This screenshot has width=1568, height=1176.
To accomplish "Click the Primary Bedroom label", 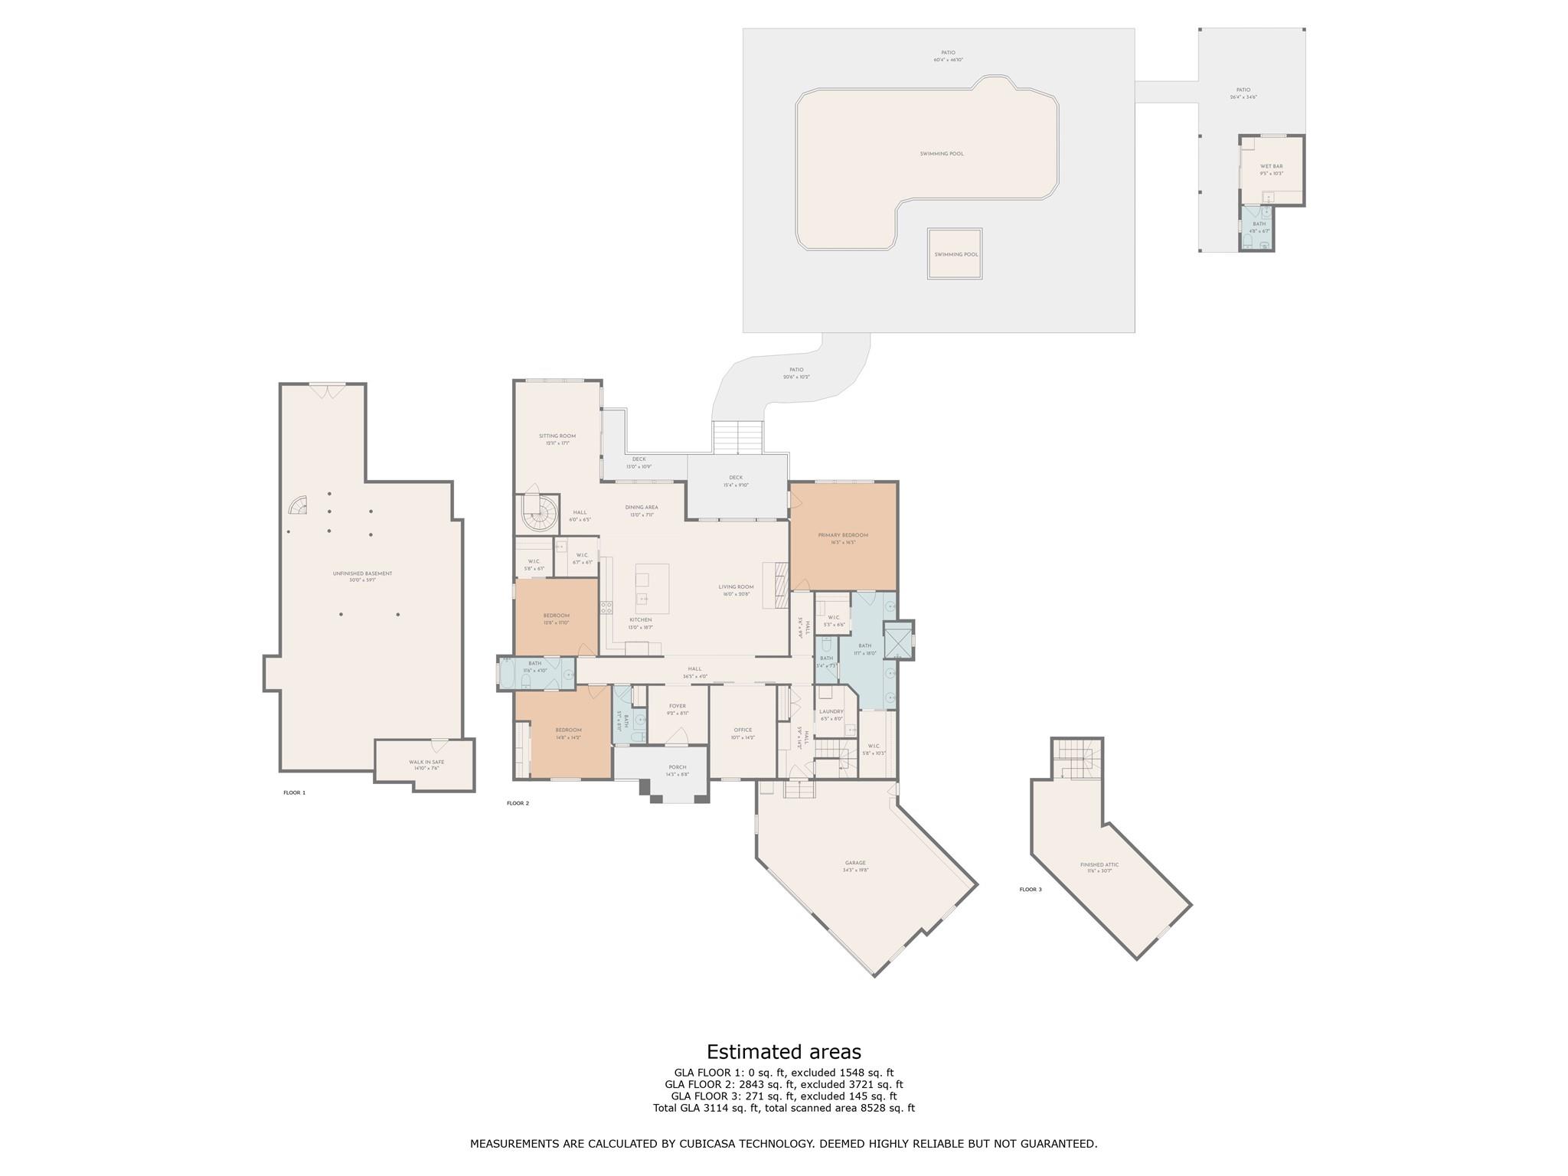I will (843, 535).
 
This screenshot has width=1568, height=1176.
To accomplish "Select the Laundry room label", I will (831, 712).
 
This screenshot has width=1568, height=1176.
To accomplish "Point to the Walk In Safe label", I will (426, 762).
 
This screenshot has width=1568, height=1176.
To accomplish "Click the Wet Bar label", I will (1271, 166).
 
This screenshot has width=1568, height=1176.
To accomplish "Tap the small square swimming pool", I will (955, 254).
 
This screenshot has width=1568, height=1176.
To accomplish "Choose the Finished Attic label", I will (1099, 864).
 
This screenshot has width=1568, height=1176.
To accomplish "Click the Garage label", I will (855, 863).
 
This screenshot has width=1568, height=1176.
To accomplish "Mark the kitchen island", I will (652, 589).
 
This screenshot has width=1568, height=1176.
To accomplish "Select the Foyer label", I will (677, 706).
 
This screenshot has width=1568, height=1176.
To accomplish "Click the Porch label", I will (677, 767).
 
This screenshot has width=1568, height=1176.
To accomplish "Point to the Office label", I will (743, 730).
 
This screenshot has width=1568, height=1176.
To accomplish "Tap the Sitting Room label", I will (557, 436).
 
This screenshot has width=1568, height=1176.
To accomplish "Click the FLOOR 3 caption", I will (1031, 890).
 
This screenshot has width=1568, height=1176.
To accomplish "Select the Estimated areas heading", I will (783, 1051).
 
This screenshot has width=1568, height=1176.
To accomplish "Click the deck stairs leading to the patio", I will (738, 437).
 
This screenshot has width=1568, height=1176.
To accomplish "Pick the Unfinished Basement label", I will (362, 573).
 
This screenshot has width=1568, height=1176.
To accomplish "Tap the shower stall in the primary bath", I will (898, 642).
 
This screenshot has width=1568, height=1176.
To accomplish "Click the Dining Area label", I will (642, 507).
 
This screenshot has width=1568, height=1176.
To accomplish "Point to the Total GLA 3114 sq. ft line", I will (783, 1108).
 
